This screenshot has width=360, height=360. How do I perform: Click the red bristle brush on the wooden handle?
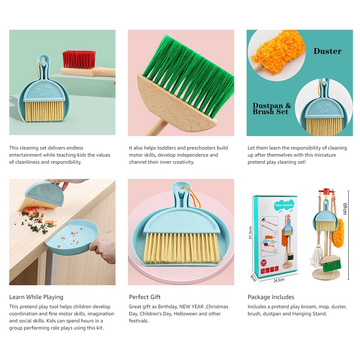coord(79,60)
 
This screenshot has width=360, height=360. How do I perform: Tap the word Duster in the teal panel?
coord(327,51)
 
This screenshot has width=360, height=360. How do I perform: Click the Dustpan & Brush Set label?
coord(272,108)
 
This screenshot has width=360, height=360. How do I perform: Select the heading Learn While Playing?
coord(36,297)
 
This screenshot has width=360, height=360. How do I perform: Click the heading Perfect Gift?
coord(145,297)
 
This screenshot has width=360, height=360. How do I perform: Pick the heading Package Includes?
coord(271,297)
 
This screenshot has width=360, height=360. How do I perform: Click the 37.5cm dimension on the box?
coord(251,232)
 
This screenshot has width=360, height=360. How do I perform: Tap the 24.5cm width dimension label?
coord(279,280)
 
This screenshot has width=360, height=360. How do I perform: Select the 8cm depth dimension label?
coord(253,278)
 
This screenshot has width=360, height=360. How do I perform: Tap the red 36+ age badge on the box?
coord(264,263)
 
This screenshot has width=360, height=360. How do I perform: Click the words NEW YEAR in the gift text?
coord(191,306)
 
